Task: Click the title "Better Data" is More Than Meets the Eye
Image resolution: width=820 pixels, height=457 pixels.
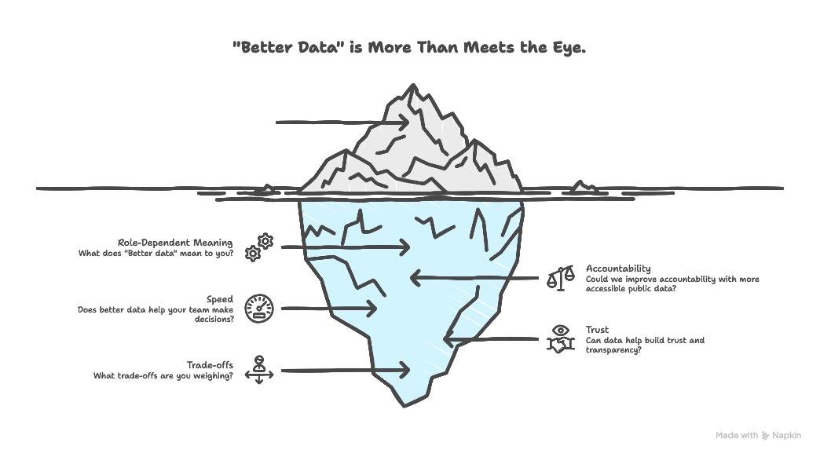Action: tap(409, 48)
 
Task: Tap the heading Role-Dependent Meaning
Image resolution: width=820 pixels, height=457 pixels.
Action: tap(175, 243)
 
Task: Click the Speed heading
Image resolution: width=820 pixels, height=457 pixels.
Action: tap(220, 299)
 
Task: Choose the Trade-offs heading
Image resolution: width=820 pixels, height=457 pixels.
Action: tap(210, 365)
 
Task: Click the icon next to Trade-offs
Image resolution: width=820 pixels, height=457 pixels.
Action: tap(258, 370)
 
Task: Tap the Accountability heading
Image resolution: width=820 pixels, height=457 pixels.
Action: tap(618, 269)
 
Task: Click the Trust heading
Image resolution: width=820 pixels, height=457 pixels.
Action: tap(597, 330)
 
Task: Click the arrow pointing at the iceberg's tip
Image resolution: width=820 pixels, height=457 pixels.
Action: tap(342, 122)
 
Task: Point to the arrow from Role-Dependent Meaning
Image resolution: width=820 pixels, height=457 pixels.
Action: tap(346, 247)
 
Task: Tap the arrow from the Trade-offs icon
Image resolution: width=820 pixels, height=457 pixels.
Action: tap(346, 369)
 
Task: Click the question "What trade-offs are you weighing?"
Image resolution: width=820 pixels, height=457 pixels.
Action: tap(163, 375)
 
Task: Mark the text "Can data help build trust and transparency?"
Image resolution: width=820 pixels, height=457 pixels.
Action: tap(645, 345)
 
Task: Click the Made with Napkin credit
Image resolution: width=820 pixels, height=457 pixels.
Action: tap(758, 435)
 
